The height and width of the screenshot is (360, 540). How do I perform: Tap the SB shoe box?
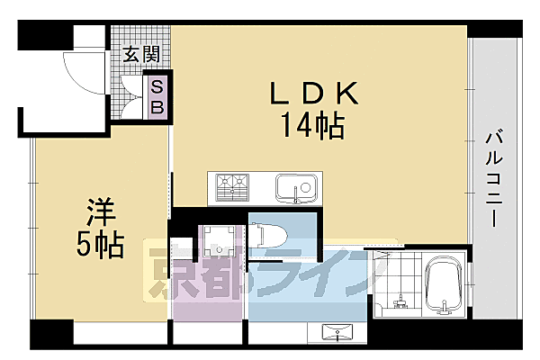[157, 96]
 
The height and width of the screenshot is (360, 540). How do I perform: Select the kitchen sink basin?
[294, 188]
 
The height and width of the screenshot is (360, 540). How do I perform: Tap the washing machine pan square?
[217, 238]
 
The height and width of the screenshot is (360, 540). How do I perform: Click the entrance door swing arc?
[81, 76]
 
